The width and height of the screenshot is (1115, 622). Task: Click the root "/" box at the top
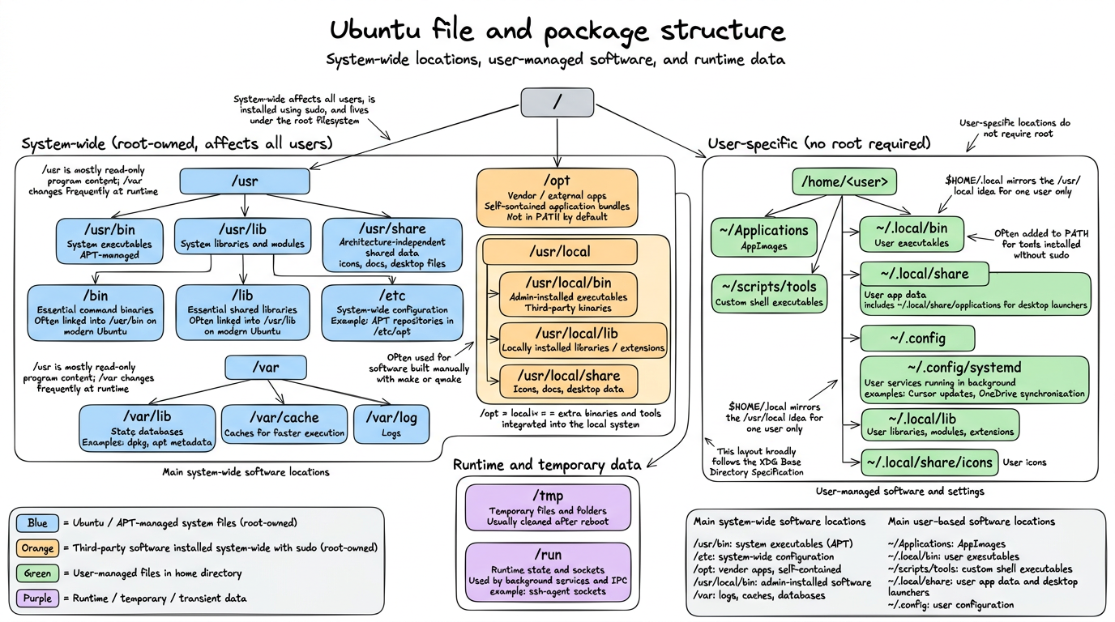click(557, 102)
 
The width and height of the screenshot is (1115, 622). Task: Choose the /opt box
click(557, 197)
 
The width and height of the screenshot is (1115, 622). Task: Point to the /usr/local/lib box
click(583, 340)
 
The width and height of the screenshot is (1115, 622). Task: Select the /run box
click(548, 572)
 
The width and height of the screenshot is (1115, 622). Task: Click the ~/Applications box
click(763, 236)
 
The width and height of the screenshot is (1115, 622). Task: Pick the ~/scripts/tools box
click(769, 293)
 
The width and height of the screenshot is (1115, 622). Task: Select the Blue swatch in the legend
click(37, 523)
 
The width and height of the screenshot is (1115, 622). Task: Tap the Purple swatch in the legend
click(37, 598)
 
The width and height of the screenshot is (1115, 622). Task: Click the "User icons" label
click(1024, 462)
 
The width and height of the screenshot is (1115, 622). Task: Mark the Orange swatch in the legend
click(37, 548)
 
